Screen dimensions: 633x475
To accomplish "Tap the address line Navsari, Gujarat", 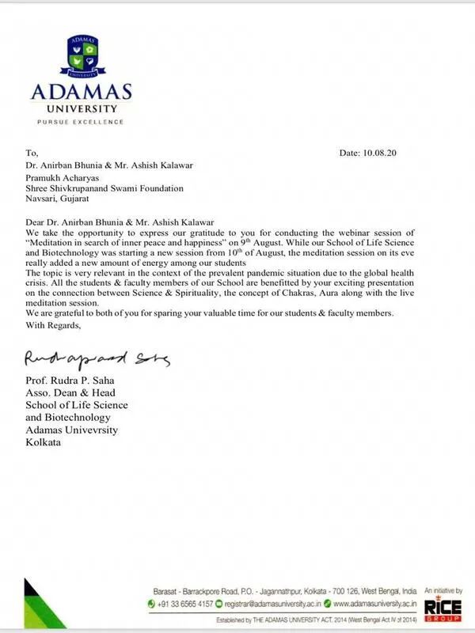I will (x=63, y=200).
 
